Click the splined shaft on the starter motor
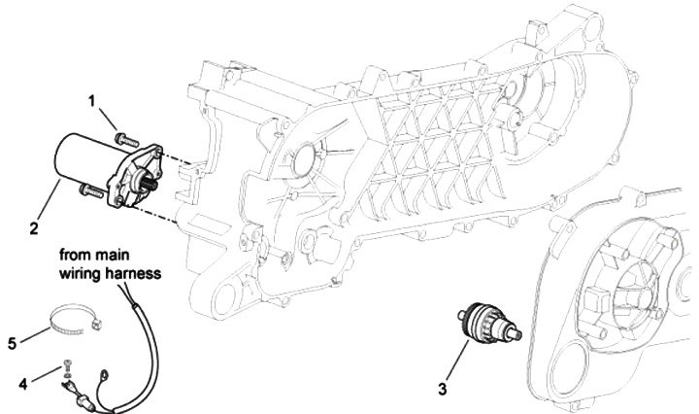click(x=147, y=179)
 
